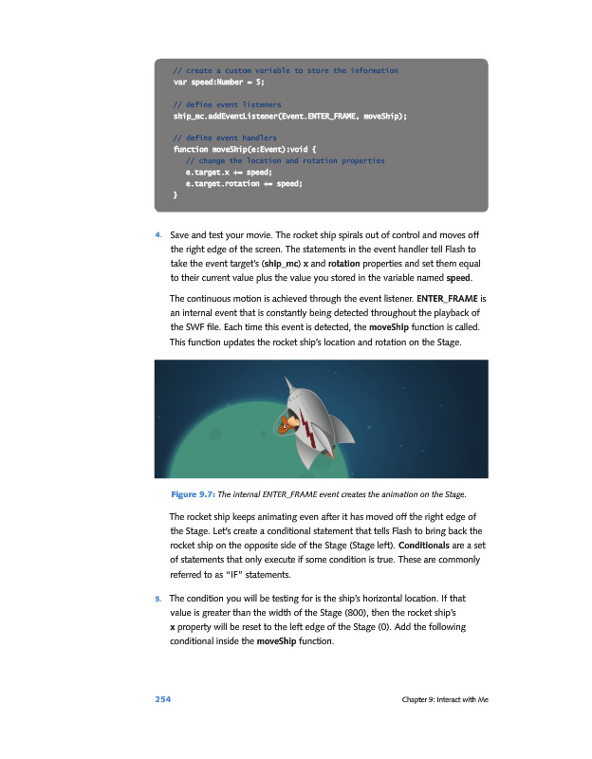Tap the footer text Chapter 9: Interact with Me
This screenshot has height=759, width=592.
click(x=444, y=700)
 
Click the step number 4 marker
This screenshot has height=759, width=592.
click(x=157, y=234)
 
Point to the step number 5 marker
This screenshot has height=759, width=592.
click(x=157, y=599)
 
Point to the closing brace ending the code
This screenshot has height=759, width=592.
click(x=175, y=194)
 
